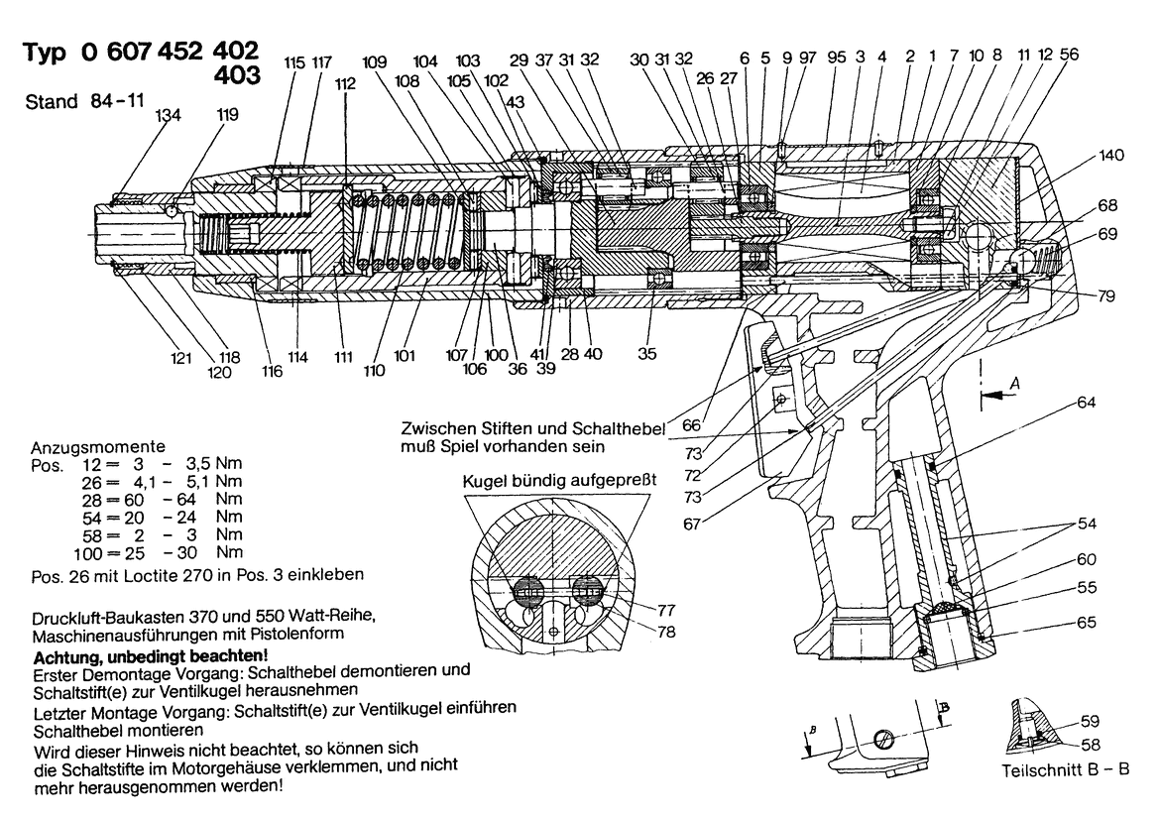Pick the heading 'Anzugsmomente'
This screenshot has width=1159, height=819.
click(98, 447)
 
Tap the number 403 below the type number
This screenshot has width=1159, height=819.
click(237, 75)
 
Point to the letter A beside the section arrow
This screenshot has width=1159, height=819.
click(1013, 380)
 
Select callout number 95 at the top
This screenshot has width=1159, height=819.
click(836, 58)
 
